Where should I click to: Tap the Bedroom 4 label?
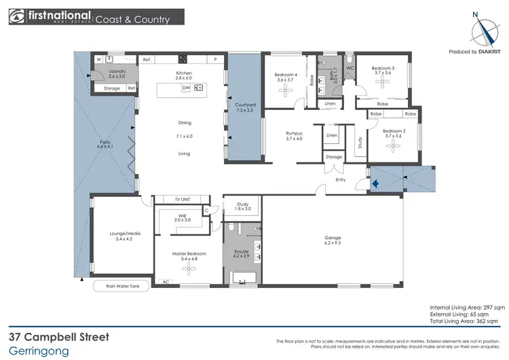coord(286,74)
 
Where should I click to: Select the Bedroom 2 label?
coord(394,130)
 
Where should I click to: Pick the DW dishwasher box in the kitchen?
coord(185,88)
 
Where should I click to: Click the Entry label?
coord(341,179)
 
